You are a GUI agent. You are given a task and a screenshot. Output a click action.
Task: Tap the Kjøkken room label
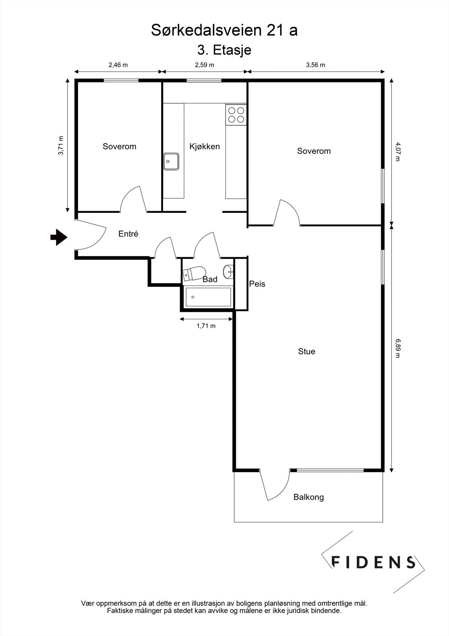[x=204, y=146]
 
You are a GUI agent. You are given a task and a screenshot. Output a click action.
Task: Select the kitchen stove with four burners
[x=236, y=114]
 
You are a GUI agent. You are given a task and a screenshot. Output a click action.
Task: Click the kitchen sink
[x=172, y=162]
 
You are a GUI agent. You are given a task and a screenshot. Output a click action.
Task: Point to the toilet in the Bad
[x=193, y=273]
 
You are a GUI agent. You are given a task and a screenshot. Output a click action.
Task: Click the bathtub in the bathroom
[x=208, y=297]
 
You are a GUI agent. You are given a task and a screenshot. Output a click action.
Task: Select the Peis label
[x=257, y=284]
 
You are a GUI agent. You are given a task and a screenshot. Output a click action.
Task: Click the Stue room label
[x=306, y=351]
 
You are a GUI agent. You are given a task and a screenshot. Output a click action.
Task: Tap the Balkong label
[x=308, y=497]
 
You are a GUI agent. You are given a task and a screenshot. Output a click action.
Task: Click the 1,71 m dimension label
[x=206, y=326]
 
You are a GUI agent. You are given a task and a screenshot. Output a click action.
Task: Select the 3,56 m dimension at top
[x=315, y=65]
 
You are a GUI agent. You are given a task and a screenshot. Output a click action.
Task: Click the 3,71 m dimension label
[x=61, y=145]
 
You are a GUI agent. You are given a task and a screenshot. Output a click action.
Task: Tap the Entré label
[x=128, y=234]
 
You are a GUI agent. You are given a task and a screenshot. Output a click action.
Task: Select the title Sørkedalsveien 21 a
[x=224, y=31]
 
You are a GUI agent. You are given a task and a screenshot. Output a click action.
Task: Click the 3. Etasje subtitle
[x=224, y=50]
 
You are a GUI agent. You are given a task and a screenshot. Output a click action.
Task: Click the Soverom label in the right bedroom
[x=314, y=151]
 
